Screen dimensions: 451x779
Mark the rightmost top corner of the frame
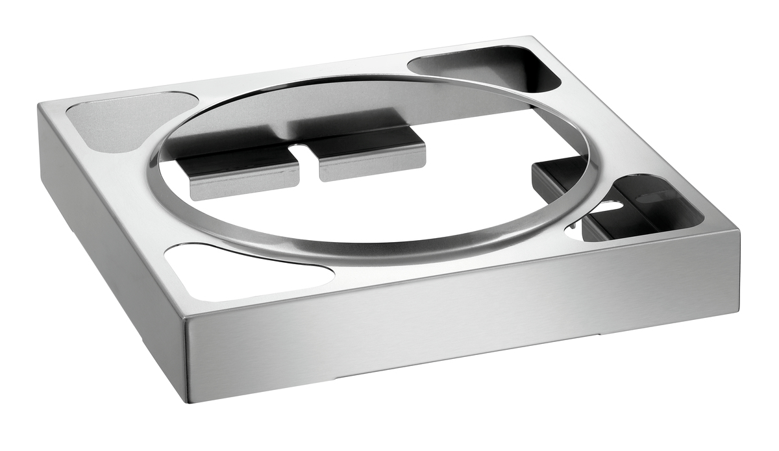739,230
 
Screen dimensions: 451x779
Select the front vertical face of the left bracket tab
243,185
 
